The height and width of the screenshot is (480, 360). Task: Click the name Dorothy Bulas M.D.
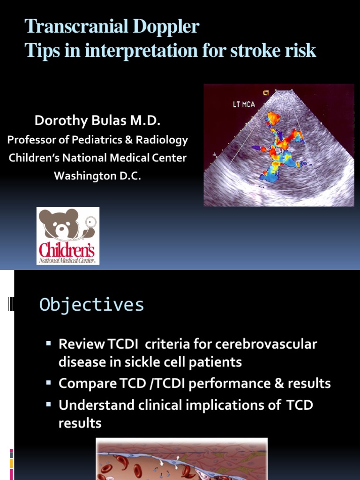[97, 121]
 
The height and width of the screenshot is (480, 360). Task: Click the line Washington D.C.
[97, 176]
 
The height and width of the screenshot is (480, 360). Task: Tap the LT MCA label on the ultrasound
[244, 104]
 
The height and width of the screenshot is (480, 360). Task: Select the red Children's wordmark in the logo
[67, 250]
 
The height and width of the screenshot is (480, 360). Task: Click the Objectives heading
[91, 305]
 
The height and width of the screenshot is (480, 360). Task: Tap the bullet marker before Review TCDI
[48, 344]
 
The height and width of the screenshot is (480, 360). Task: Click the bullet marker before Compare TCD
[48, 383]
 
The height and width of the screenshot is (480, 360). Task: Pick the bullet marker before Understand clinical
[48, 405]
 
